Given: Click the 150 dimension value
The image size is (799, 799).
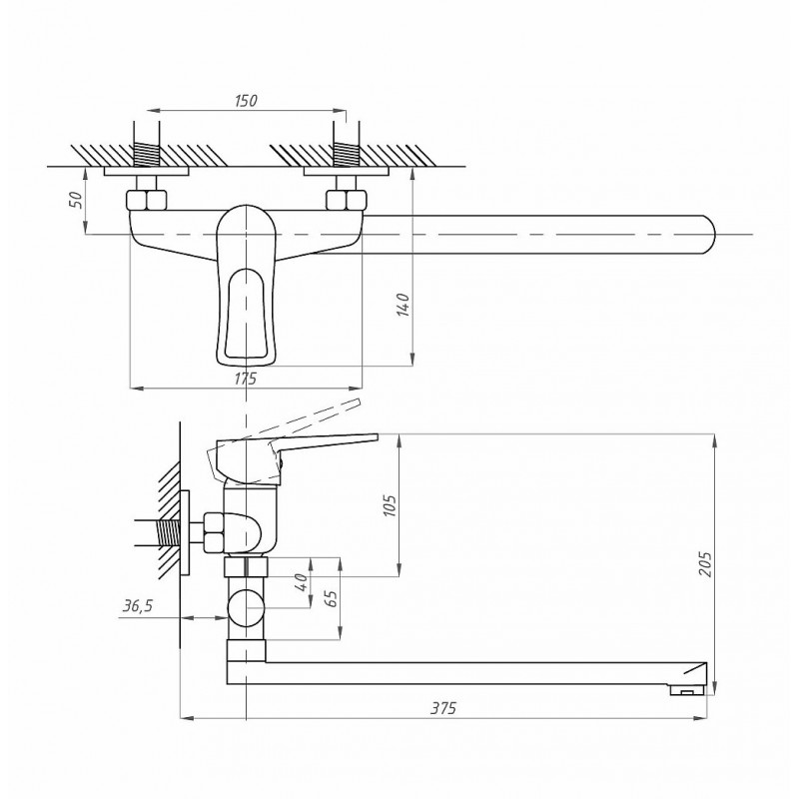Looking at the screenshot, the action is point(246,101).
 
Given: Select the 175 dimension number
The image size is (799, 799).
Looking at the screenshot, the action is point(245,379).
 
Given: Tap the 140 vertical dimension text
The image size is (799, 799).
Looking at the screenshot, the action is point(403,305).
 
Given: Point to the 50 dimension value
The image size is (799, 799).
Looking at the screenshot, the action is point(76,200).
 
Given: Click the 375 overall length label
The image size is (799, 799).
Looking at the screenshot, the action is point(443,708).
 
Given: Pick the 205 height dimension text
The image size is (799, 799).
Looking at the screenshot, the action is point(705,564).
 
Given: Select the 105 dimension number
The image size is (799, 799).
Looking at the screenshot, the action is point(389,505).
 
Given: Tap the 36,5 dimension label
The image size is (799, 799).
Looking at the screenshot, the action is point(138,606).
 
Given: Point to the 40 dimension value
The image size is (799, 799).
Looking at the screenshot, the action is point(302,581).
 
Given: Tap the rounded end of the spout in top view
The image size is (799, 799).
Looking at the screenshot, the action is point(708,235).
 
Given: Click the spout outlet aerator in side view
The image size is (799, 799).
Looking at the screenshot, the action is point(686,690).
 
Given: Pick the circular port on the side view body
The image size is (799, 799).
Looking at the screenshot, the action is point(246,608).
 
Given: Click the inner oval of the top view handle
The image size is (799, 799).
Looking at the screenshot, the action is point(246,313).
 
